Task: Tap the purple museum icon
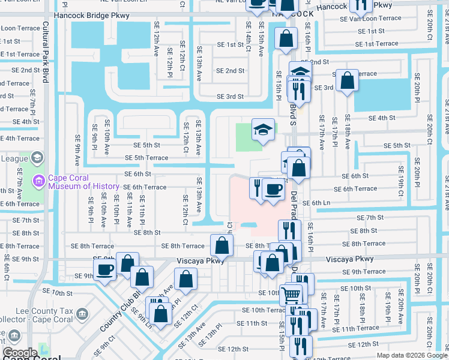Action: [39, 180]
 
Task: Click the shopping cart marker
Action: [291, 294]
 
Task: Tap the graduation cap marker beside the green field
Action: [262, 130]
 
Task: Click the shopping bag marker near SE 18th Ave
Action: [347, 81]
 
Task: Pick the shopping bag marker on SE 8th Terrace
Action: [222, 244]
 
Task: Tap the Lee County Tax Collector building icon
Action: [83, 314]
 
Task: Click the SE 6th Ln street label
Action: [316, 203]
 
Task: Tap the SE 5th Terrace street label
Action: [146, 158]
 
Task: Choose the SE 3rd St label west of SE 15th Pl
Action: [230, 96]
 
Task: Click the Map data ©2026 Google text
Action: [411, 355]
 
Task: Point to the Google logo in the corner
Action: [20, 353]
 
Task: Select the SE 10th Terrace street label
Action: [263, 310]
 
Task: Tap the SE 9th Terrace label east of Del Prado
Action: [364, 272]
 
